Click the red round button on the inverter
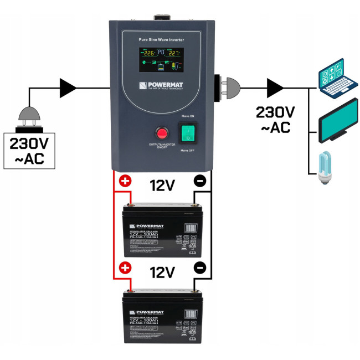162,133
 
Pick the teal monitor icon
338,121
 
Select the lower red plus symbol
125,268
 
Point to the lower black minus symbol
200,268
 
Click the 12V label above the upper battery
162,186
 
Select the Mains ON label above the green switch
188,116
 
